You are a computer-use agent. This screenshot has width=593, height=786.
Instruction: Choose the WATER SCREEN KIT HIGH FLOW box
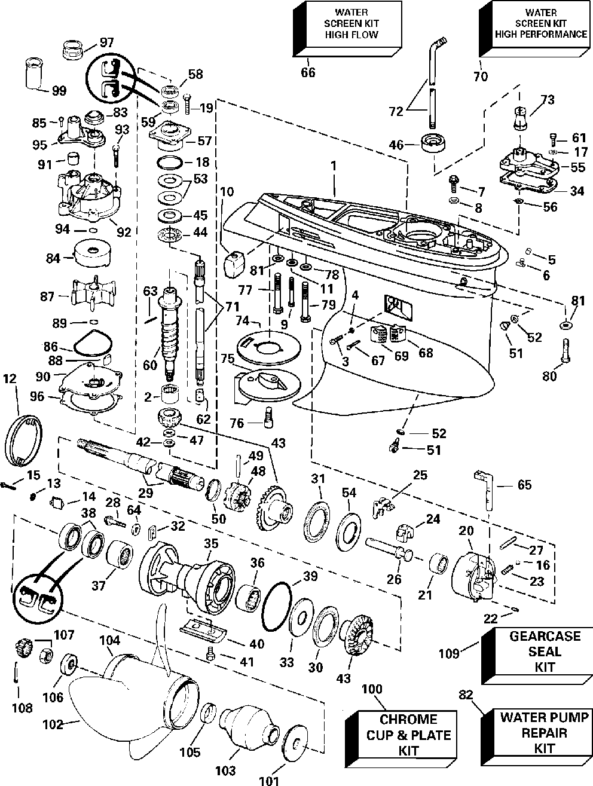point(347,29)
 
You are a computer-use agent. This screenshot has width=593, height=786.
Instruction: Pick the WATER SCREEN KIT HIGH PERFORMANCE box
point(534,29)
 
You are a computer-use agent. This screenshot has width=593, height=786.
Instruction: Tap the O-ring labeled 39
point(277,606)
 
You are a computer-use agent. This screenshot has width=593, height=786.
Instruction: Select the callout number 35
point(211,543)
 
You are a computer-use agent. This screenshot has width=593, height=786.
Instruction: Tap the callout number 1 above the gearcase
point(334,166)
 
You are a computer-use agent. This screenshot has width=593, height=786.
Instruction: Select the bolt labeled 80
point(566,350)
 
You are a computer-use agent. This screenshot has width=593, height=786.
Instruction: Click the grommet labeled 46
point(433,143)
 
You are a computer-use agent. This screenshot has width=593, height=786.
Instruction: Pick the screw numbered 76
point(268,417)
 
